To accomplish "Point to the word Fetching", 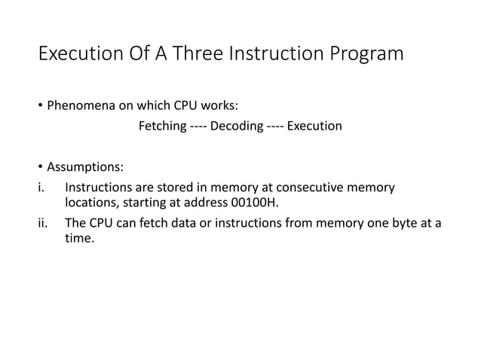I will pyautogui.click(x=162, y=126).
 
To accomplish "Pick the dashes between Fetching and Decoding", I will pyautogui.click(x=198, y=126).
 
